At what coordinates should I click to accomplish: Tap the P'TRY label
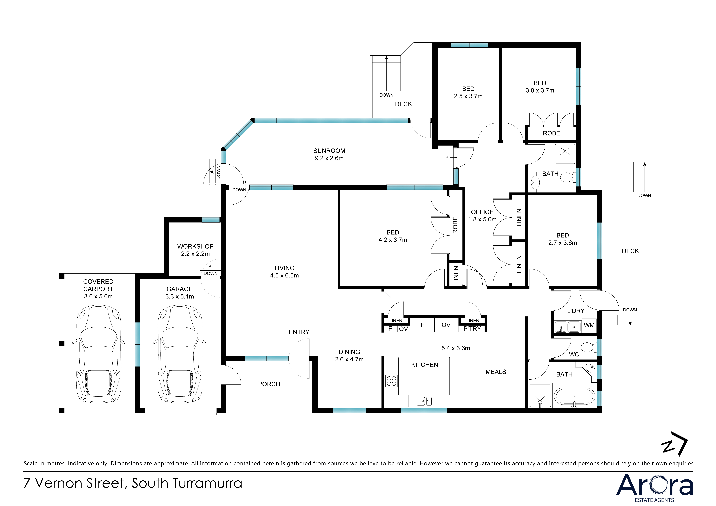(472, 329)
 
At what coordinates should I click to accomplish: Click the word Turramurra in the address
(207, 483)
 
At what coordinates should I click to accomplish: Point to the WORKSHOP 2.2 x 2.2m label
(196, 250)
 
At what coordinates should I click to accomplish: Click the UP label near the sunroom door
(445, 158)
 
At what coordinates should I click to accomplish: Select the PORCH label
(269, 384)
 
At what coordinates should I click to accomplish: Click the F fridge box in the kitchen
(422, 325)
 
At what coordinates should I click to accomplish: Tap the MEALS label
(496, 372)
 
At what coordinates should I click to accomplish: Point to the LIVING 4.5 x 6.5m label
(284, 272)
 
